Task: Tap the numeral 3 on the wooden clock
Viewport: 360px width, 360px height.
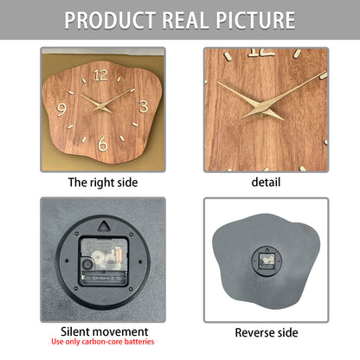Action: pyautogui.click(x=143, y=106)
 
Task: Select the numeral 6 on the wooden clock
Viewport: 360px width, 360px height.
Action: pyautogui.click(x=103, y=144)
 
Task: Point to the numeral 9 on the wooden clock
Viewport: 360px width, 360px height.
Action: pyautogui.click(x=61, y=109)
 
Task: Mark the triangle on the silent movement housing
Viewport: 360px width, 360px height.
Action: pyautogui.click(x=103, y=227)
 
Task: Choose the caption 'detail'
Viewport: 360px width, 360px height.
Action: pyautogui.click(x=265, y=182)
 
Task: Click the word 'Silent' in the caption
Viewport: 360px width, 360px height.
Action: pyautogui.click(x=76, y=331)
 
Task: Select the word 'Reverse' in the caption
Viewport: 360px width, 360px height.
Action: pyautogui.click(x=254, y=332)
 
